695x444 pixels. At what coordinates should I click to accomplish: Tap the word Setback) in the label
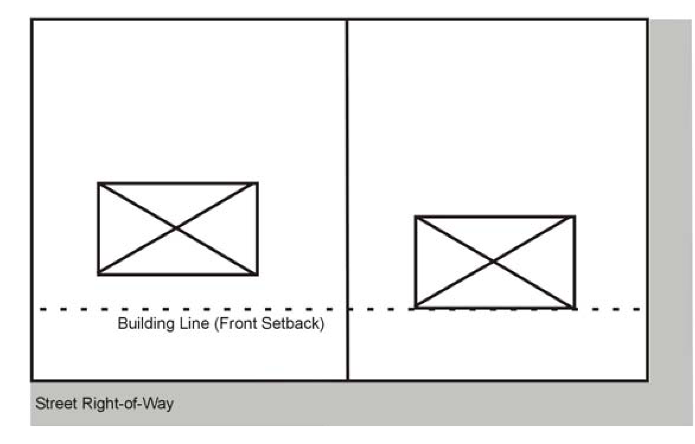pos(293,323)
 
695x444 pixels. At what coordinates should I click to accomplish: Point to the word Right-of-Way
pos(127,404)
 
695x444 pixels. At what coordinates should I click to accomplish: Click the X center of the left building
pos(177,229)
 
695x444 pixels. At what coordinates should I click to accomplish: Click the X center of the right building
pos(494,262)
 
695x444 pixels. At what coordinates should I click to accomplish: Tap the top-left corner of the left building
pos(99,184)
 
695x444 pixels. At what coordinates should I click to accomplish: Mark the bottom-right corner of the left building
pos(257,274)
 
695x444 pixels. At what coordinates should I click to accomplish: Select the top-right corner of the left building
pos(257,184)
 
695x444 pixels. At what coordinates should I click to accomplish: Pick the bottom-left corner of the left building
pos(99,274)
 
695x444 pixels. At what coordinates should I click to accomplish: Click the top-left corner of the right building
pos(416,217)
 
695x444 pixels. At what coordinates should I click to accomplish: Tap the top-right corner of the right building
pos(574,217)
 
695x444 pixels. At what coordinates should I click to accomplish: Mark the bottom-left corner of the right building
pos(416,307)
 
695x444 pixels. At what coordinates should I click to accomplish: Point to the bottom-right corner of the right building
pos(574,307)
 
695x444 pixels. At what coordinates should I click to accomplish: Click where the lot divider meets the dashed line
pos(347,309)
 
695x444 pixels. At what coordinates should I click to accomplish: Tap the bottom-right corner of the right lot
pos(647,380)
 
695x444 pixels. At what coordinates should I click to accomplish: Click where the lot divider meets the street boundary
pos(347,380)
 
